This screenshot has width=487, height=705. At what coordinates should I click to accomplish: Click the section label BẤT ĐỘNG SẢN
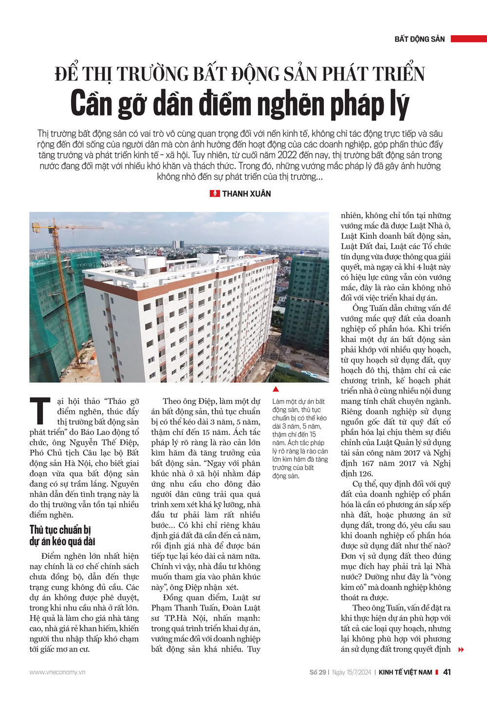click(x=419, y=39)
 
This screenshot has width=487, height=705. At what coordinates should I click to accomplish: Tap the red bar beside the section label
click(x=468, y=39)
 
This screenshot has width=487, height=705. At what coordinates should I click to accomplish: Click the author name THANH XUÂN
click(x=246, y=194)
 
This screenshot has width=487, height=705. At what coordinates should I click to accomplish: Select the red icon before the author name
click(x=215, y=194)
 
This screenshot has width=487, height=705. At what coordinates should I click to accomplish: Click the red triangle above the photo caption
click(x=276, y=389)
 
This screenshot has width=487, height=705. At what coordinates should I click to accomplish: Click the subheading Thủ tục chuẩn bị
click(x=60, y=530)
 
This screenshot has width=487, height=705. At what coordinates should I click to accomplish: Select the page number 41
click(x=447, y=672)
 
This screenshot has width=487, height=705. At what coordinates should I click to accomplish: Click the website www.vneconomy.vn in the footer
click(x=57, y=672)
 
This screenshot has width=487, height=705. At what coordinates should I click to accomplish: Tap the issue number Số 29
click(x=318, y=672)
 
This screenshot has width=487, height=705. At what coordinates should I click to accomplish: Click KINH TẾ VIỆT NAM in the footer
click(x=405, y=672)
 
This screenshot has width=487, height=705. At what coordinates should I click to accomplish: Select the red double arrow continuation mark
click(x=461, y=649)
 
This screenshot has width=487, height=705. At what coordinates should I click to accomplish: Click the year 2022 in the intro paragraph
click(x=289, y=155)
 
